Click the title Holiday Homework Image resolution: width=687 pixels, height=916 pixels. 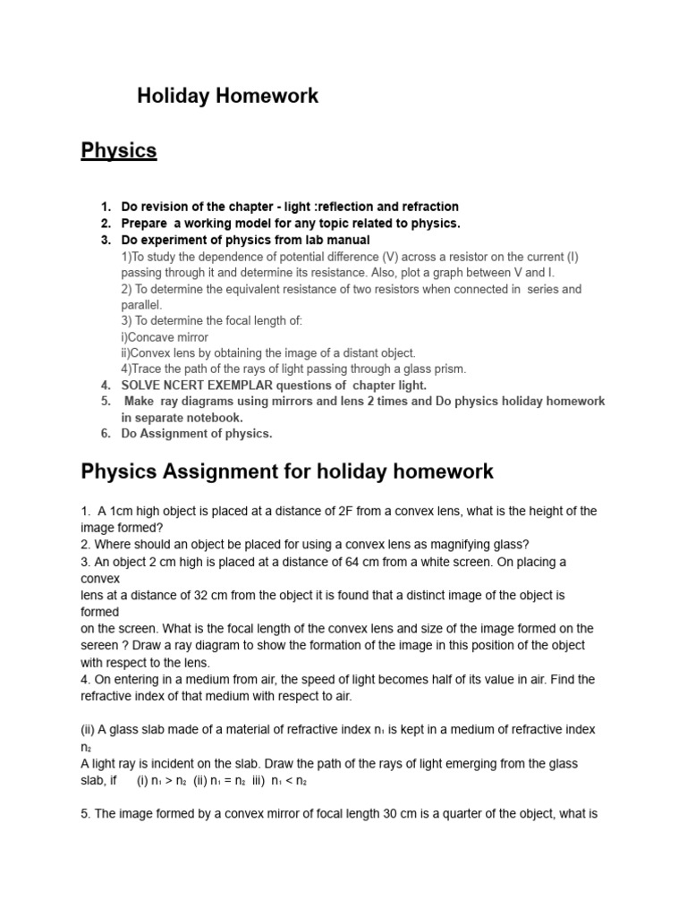pos(227,96)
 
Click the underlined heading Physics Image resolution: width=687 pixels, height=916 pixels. pos(119,150)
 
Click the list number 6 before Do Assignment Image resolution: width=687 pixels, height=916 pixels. pos(105,434)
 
